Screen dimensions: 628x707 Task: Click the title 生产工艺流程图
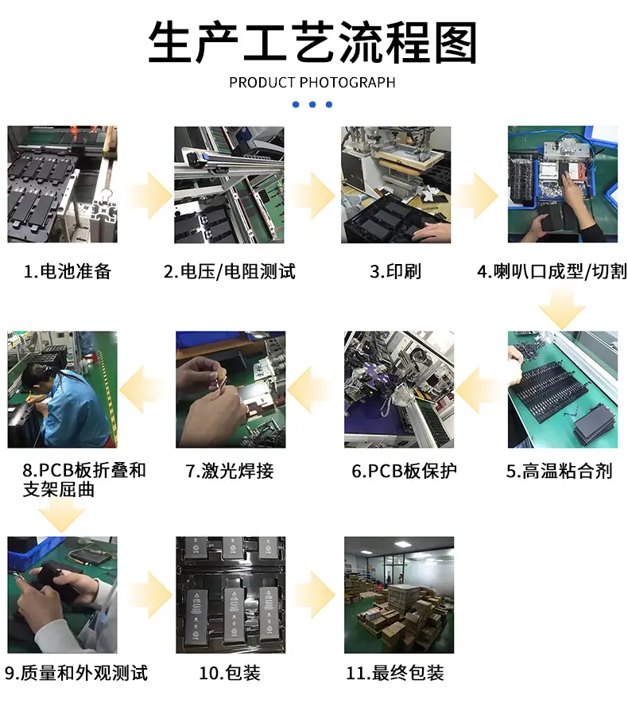pos(312,42)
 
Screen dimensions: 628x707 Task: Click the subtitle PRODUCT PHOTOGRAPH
pos(312,83)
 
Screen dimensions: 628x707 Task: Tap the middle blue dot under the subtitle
pos(312,105)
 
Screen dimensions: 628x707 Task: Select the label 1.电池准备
pos(68,271)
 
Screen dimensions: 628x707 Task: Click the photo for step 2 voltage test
pos(229,185)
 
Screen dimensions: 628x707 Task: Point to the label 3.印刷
pos(395,271)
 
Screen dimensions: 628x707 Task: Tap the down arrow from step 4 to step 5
pos(562,309)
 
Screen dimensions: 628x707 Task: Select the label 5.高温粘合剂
pos(559,471)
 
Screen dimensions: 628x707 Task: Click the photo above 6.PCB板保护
pos(399,390)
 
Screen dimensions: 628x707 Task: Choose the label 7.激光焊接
pos(230,471)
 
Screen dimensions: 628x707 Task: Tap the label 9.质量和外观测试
pos(76,673)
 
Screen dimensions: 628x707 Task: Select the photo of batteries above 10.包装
pos(231,595)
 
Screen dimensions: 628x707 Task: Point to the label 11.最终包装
pos(395,673)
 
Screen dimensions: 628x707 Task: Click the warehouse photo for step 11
pos(399,595)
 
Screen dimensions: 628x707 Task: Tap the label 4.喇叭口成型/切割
pos(552,271)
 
